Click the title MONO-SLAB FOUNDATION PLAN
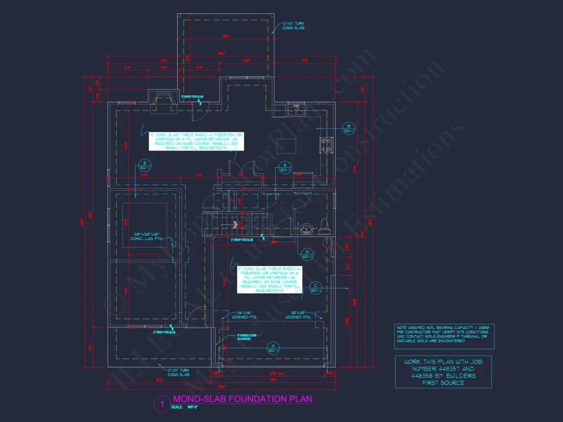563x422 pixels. [242, 399]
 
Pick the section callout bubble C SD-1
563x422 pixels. [316, 288]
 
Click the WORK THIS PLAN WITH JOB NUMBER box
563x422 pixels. [443, 372]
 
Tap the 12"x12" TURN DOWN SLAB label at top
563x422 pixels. [293, 26]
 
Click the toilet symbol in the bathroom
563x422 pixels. [323, 227]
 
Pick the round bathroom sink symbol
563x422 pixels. [308, 228]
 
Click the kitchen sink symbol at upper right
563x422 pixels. [296, 109]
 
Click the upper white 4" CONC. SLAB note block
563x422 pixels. [197, 141]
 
